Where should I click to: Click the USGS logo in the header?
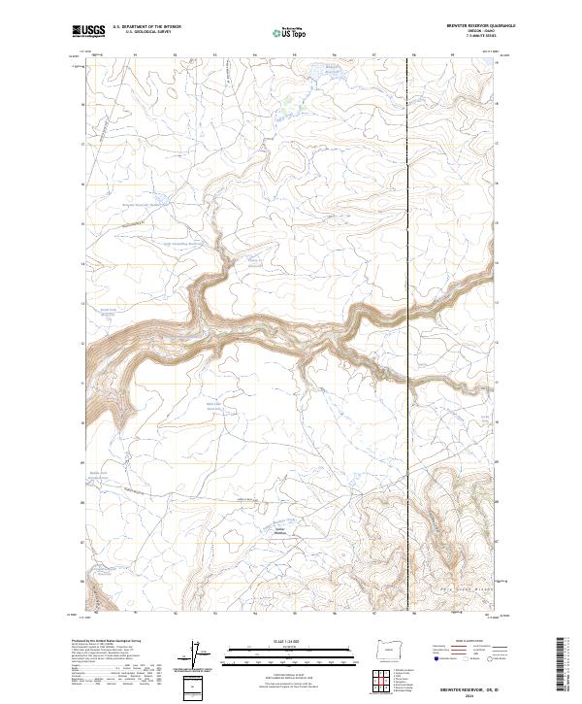(88, 31)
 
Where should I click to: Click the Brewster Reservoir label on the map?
(145, 205)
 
